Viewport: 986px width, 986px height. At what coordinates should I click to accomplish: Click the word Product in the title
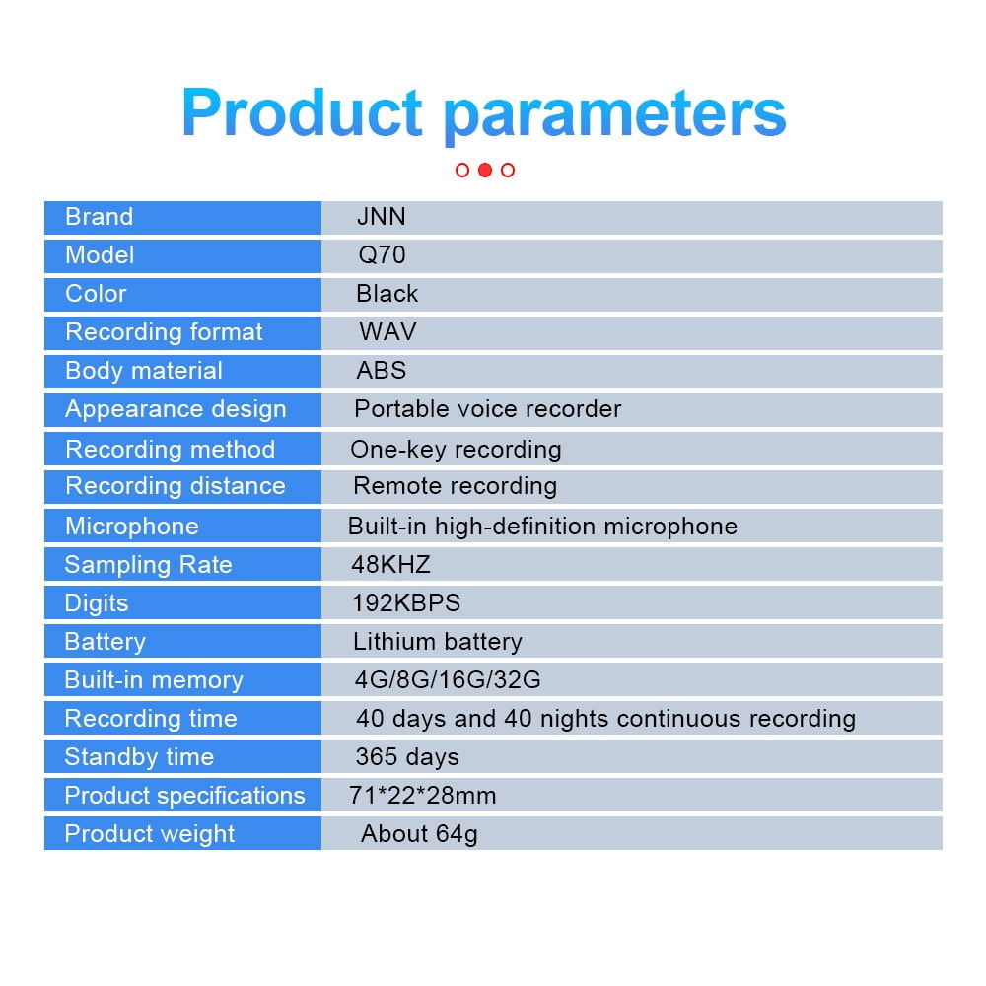click(x=302, y=112)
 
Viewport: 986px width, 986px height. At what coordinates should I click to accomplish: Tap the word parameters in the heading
click(x=615, y=115)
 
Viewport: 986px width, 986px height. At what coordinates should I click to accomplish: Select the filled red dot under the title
click(x=485, y=170)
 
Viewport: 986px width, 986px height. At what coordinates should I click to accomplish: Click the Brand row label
click(x=100, y=217)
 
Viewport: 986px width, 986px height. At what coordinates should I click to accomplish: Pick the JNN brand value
click(x=381, y=217)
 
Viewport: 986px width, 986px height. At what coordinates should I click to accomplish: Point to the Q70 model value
click(x=382, y=255)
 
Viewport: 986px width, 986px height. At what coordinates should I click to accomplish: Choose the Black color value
click(x=387, y=294)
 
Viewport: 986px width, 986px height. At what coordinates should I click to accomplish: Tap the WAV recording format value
click(x=387, y=332)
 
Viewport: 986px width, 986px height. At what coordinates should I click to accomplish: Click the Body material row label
click(x=144, y=371)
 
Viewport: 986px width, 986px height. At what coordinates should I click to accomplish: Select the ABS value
click(x=381, y=371)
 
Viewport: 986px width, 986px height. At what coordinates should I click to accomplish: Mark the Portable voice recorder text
click(x=487, y=409)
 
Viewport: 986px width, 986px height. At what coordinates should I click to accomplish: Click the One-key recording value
click(x=456, y=450)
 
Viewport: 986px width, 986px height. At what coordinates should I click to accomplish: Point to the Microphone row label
click(x=132, y=527)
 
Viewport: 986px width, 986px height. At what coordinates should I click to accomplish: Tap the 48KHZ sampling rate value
click(x=390, y=565)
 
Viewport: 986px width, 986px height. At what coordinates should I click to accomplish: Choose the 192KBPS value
click(x=406, y=603)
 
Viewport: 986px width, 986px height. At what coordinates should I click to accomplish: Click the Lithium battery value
click(x=438, y=642)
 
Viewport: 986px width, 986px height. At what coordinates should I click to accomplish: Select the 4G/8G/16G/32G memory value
click(x=448, y=679)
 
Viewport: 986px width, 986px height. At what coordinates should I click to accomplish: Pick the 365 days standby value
click(x=407, y=757)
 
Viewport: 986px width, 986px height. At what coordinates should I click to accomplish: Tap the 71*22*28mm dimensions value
click(x=423, y=796)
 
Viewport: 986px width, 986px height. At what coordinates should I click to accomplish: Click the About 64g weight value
click(x=419, y=834)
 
